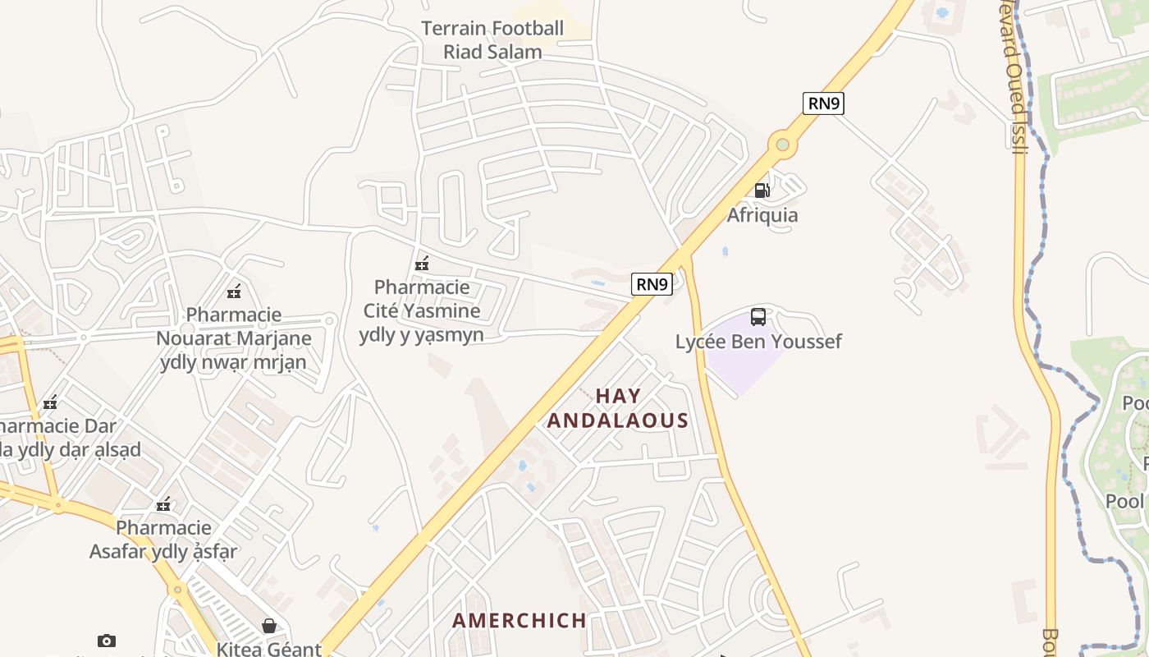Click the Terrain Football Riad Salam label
(492, 40)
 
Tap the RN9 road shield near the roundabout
(823, 103)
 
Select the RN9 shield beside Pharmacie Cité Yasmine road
(652, 284)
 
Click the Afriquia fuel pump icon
(762, 191)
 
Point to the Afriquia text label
(762, 215)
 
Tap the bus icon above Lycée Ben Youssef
(758, 316)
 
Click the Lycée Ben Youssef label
(758, 342)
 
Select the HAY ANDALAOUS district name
(618, 408)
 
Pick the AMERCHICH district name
(520, 620)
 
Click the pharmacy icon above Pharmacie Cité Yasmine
(422, 264)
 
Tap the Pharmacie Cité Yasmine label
(422, 310)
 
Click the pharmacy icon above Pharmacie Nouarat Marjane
(234, 291)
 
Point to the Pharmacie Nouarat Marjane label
(234, 338)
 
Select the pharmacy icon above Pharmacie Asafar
(164, 503)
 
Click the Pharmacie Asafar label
(164, 539)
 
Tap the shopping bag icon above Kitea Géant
(268, 626)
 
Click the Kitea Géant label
(268, 649)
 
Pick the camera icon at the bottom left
(106, 641)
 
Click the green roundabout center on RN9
(782, 145)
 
